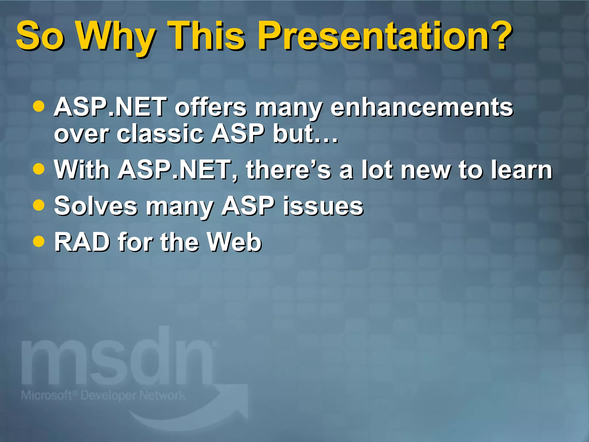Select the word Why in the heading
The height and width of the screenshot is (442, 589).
[115, 37]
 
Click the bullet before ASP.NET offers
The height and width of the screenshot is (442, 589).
[39, 106]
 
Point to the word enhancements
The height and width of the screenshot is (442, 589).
[422, 107]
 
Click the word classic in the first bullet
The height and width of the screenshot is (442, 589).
[160, 134]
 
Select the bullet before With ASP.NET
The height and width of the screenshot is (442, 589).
[39, 169]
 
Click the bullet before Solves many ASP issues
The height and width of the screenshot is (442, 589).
[39, 205]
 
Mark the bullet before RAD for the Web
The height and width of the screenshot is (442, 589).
[39, 241]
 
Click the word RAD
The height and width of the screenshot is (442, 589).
[82, 242]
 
